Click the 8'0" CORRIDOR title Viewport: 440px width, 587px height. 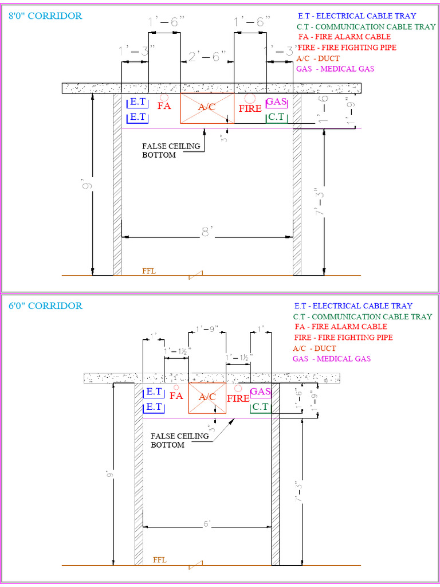(45, 16)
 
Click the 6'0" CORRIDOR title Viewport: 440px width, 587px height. (45, 306)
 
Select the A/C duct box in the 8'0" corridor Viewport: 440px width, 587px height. (207, 108)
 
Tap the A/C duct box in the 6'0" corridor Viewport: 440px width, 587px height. (207, 397)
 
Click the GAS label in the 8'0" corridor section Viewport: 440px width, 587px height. (276, 102)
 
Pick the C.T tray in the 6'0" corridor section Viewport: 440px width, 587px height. (261, 407)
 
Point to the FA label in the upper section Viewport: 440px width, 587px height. (164, 105)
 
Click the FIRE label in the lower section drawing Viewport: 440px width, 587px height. (238, 398)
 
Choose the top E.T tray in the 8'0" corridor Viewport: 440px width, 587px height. (137, 103)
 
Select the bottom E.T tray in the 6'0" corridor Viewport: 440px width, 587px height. (153, 407)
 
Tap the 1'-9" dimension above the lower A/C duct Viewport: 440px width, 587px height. (207, 329)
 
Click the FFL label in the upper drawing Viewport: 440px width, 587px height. (149, 271)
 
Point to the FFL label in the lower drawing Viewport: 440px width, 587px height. (160, 560)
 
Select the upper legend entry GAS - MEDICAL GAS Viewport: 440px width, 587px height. (335, 69)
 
